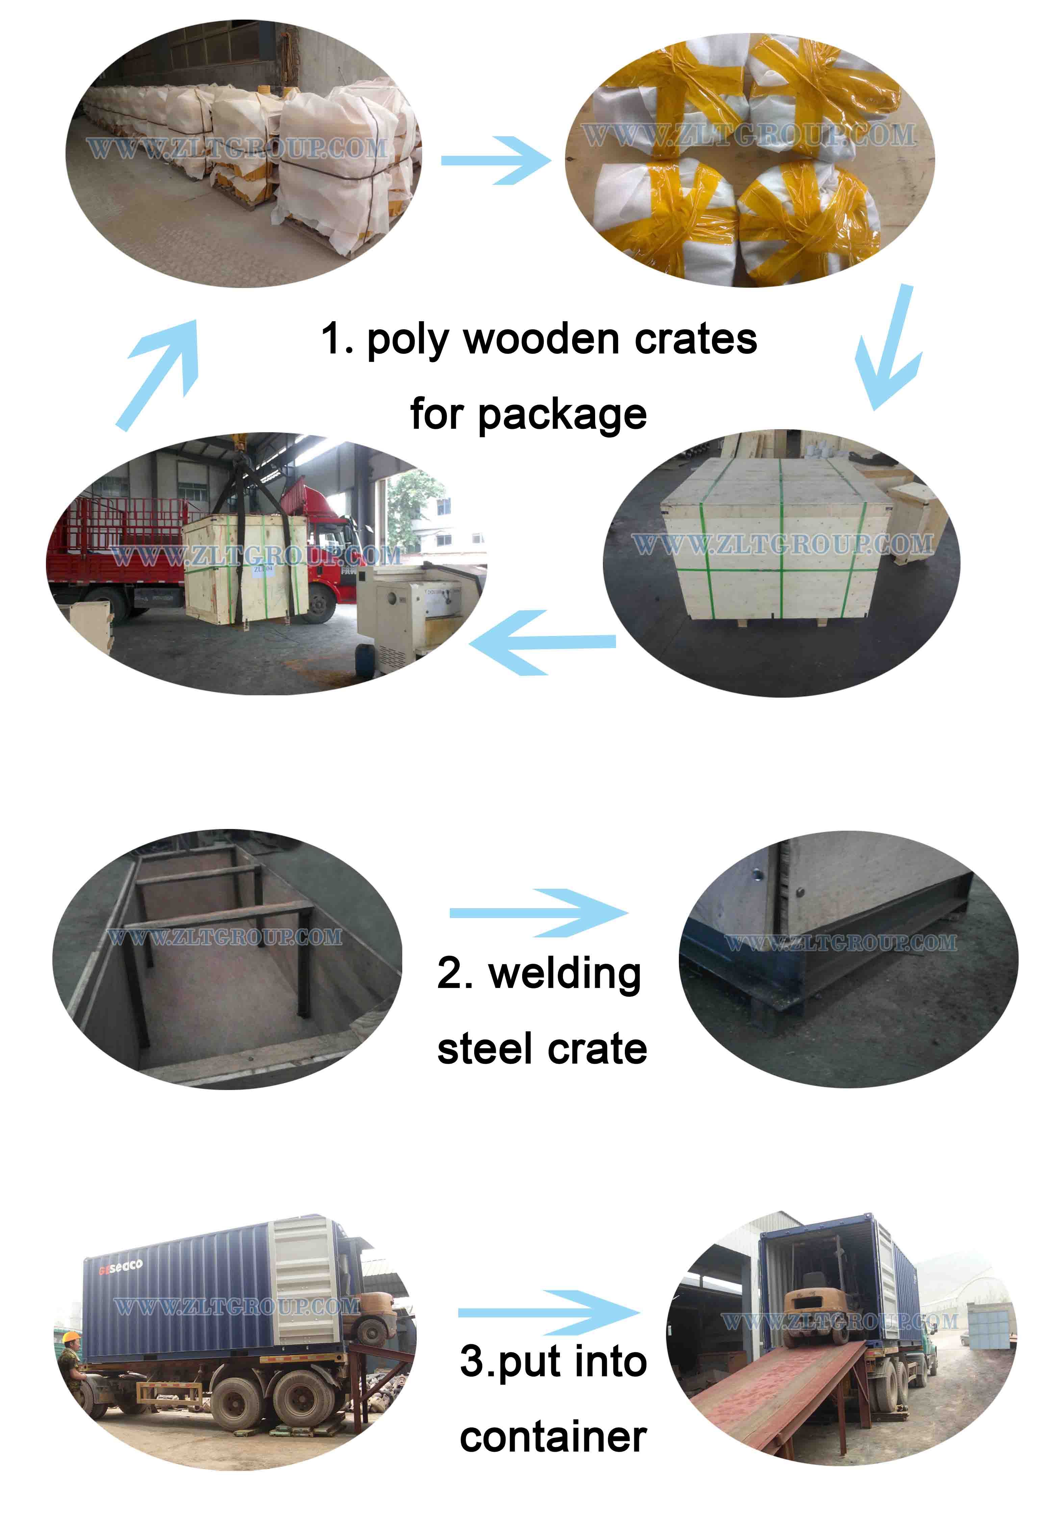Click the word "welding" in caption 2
click(565, 975)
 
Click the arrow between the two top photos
click(495, 160)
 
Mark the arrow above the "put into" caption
click(549, 1313)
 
